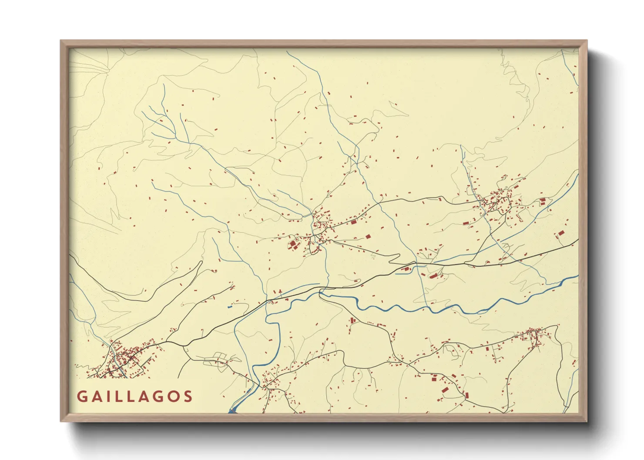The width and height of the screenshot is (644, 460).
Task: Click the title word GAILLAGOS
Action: [134, 397]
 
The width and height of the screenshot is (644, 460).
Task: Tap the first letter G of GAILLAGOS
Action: [81, 397]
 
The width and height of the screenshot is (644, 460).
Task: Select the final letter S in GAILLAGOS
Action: [188, 397]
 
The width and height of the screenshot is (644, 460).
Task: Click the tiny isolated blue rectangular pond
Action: [230, 307]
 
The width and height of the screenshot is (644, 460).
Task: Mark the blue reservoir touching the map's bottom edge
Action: [232, 410]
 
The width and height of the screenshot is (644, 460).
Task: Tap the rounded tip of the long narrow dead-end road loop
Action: [201, 262]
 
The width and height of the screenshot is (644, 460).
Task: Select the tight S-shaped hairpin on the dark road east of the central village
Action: [394, 259]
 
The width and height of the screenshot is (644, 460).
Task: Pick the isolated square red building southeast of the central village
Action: [368, 237]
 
